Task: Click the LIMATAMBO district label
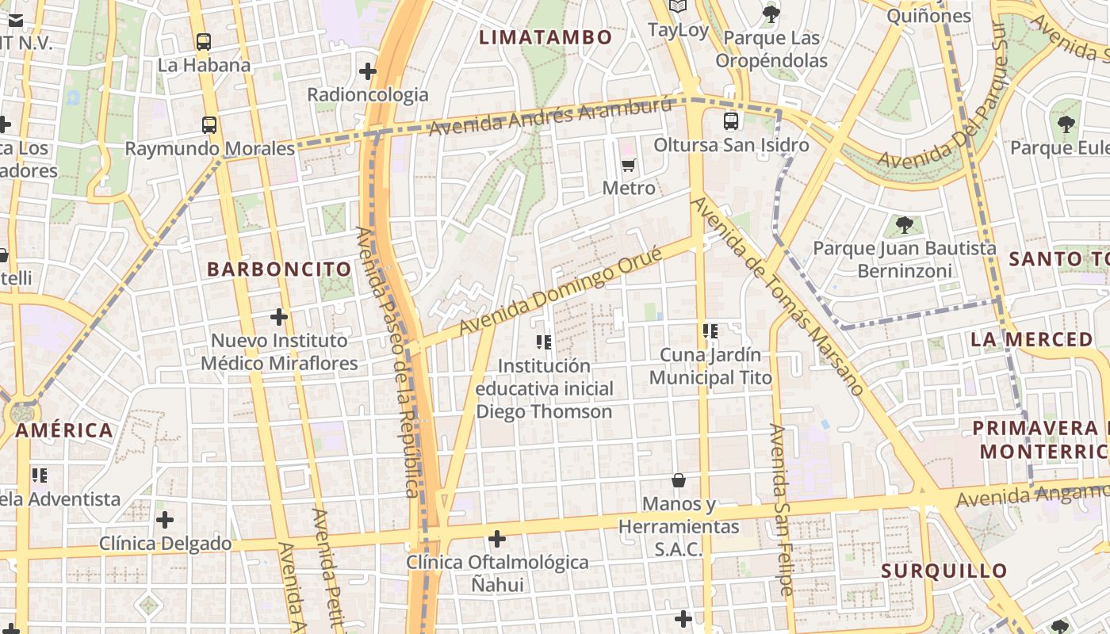[x=546, y=37]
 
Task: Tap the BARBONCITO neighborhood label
[x=279, y=269]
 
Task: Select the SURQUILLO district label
[x=944, y=571]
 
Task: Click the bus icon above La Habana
[x=204, y=42]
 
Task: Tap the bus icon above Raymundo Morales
[x=209, y=125]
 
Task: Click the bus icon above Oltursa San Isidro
[x=731, y=121]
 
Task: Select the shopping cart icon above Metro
[x=629, y=165]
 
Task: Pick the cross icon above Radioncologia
[x=368, y=71]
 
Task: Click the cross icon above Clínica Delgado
[x=165, y=520]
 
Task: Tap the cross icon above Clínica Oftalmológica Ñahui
[x=497, y=539]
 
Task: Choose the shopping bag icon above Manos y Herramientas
[x=679, y=480]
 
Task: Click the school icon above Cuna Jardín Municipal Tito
[x=710, y=330]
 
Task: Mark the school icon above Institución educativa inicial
[x=544, y=342]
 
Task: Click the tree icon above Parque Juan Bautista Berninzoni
[x=904, y=225]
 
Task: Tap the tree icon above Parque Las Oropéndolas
[x=771, y=14]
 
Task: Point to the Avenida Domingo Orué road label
[x=560, y=291]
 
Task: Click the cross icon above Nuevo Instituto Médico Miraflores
[x=279, y=317]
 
